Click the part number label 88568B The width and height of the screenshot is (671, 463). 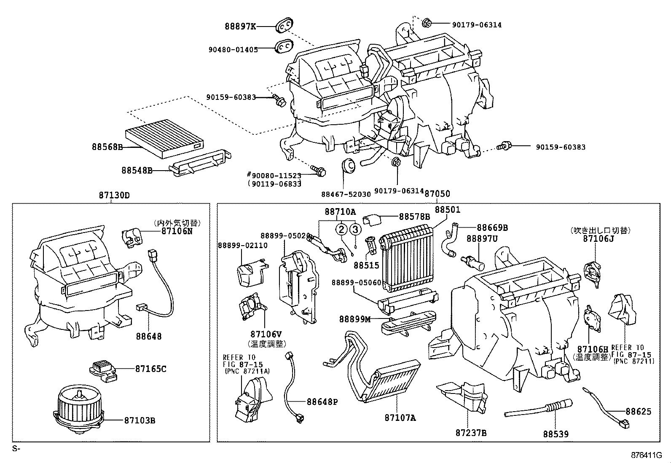click(x=107, y=147)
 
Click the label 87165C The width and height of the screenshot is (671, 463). click(x=151, y=369)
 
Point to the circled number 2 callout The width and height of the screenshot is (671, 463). click(x=341, y=229)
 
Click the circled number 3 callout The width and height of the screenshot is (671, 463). click(x=355, y=229)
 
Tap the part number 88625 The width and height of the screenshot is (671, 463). click(x=638, y=411)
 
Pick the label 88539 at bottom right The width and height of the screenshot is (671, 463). click(x=556, y=434)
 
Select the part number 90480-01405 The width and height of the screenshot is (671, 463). click(x=233, y=49)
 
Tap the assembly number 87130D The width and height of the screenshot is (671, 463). click(x=114, y=195)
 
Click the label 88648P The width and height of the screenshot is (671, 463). click(x=322, y=402)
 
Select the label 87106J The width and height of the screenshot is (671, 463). click(x=599, y=238)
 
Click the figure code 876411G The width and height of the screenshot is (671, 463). click(x=646, y=455)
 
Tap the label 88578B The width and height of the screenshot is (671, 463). click(x=414, y=217)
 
